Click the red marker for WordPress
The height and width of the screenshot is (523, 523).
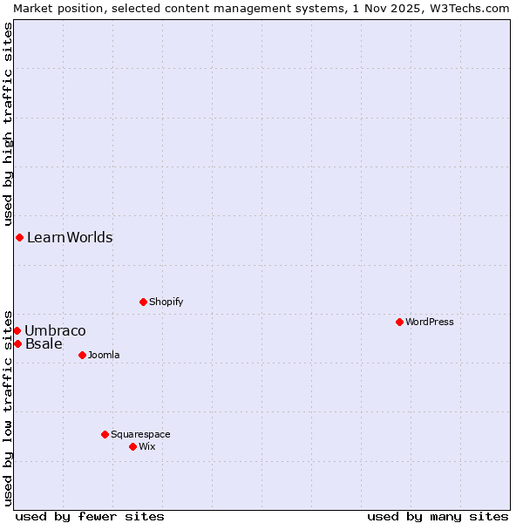point(399,322)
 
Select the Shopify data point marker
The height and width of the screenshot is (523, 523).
point(143,302)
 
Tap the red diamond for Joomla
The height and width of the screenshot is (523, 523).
point(82,355)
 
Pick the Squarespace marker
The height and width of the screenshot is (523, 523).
point(105,434)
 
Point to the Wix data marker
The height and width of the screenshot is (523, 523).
point(132,446)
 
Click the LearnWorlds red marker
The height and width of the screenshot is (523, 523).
point(19,237)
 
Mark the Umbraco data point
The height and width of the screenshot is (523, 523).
point(17,330)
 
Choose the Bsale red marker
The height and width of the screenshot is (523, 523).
point(17,343)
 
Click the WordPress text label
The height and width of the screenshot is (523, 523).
point(430,322)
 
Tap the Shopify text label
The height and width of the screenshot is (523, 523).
point(166,302)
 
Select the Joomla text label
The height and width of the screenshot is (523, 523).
point(104,355)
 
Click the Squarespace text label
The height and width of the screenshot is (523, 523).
point(140,434)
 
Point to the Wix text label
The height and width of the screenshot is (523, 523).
point(146,446)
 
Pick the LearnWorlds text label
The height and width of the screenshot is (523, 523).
point(70,237)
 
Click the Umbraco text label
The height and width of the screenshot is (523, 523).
point(55,330)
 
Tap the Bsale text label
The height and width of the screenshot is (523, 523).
point(44,343)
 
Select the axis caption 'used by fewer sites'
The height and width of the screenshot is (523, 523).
point(90,516)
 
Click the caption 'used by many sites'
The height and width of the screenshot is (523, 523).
point(438,516)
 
